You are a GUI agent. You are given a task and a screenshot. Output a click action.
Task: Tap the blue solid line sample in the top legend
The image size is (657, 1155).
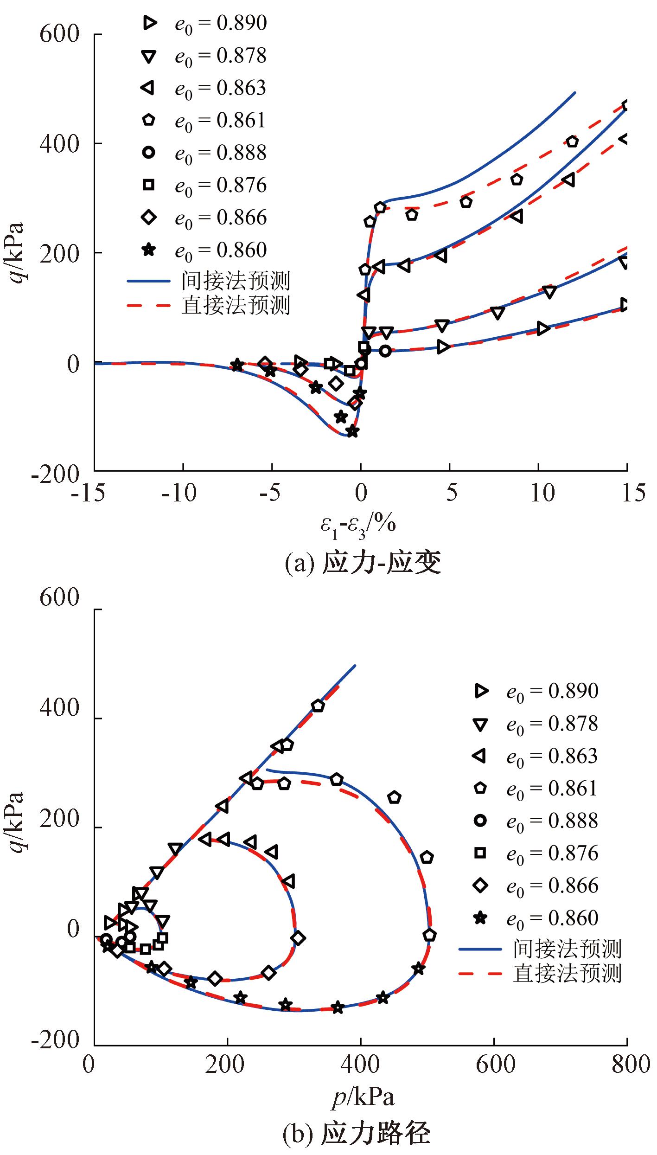coord(149,281)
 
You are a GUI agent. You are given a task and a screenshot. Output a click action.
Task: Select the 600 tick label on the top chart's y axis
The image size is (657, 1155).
coord(59,35)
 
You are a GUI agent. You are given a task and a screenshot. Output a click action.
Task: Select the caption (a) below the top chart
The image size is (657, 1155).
coord(363,563)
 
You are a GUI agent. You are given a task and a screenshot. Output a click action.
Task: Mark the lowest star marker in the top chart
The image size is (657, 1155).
coord(352,431)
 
